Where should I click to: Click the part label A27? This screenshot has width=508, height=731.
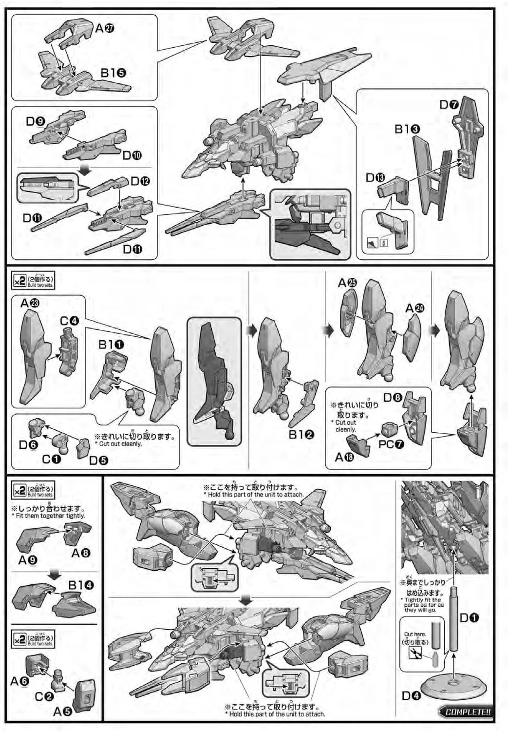[x=105, y=29]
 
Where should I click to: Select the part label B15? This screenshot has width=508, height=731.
[x=113, y=73]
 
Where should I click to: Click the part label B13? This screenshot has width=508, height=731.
[x=407, y=130]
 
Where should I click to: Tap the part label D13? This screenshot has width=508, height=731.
[x=376, y=178]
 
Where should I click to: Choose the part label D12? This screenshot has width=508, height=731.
[x=140, y=181]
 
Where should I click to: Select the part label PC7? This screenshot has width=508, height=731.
[x=391, y=444]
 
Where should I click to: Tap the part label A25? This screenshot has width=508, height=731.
[x=347, y=283]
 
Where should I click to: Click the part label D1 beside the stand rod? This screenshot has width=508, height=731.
[x=470, y=618]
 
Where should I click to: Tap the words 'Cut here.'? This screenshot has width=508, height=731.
[x=415, y=635]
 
